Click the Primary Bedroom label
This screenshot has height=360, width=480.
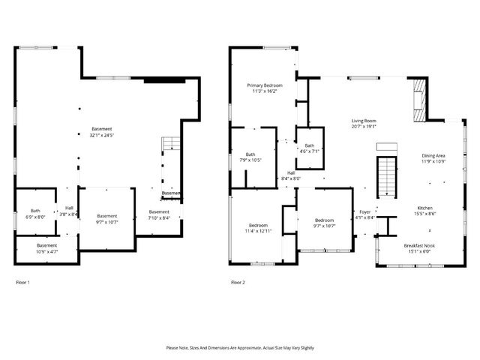point(265,86)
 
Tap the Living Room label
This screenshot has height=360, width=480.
point(364,121)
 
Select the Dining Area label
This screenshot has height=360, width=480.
point(433,155)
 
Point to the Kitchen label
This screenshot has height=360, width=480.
point(426,208)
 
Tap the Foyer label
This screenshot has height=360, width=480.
point(365,212)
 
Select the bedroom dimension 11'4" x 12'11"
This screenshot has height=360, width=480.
point(257,231)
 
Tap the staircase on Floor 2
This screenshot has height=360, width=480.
point(385,176)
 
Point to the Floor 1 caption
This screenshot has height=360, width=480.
point(23,283)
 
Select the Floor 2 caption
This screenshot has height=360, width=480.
point(238,283)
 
